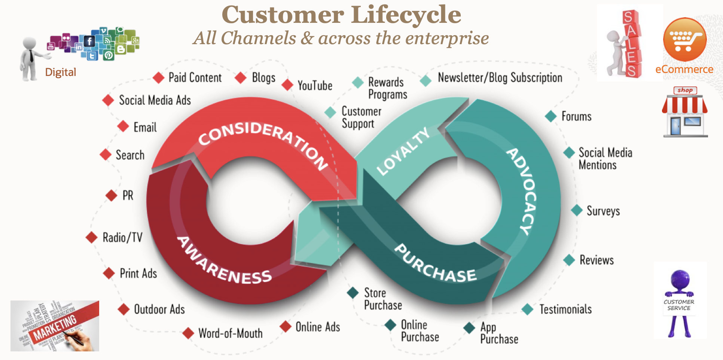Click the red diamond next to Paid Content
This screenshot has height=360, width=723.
[x=159, y=78]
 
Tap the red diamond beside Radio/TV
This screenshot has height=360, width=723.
[x=92, y=237]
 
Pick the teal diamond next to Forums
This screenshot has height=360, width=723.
[x=550, y=116]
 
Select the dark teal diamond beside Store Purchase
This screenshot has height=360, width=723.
[x=353, y=293]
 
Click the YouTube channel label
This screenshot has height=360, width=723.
[x=315, y=86]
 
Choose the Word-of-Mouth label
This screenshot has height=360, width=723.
[x=230, y=333]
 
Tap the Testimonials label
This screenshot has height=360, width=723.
[x=565, y=309]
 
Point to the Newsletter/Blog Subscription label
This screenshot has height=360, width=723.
[x=500, y=78]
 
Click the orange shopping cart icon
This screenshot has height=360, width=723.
[x=684, y=40]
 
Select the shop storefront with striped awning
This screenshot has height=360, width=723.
[x=685, y=112]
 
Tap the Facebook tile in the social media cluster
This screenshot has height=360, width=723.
[x=89, y=41]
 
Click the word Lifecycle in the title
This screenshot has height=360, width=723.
[x=406, y=15]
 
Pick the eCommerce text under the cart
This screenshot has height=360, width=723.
[x=684, y=70]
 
